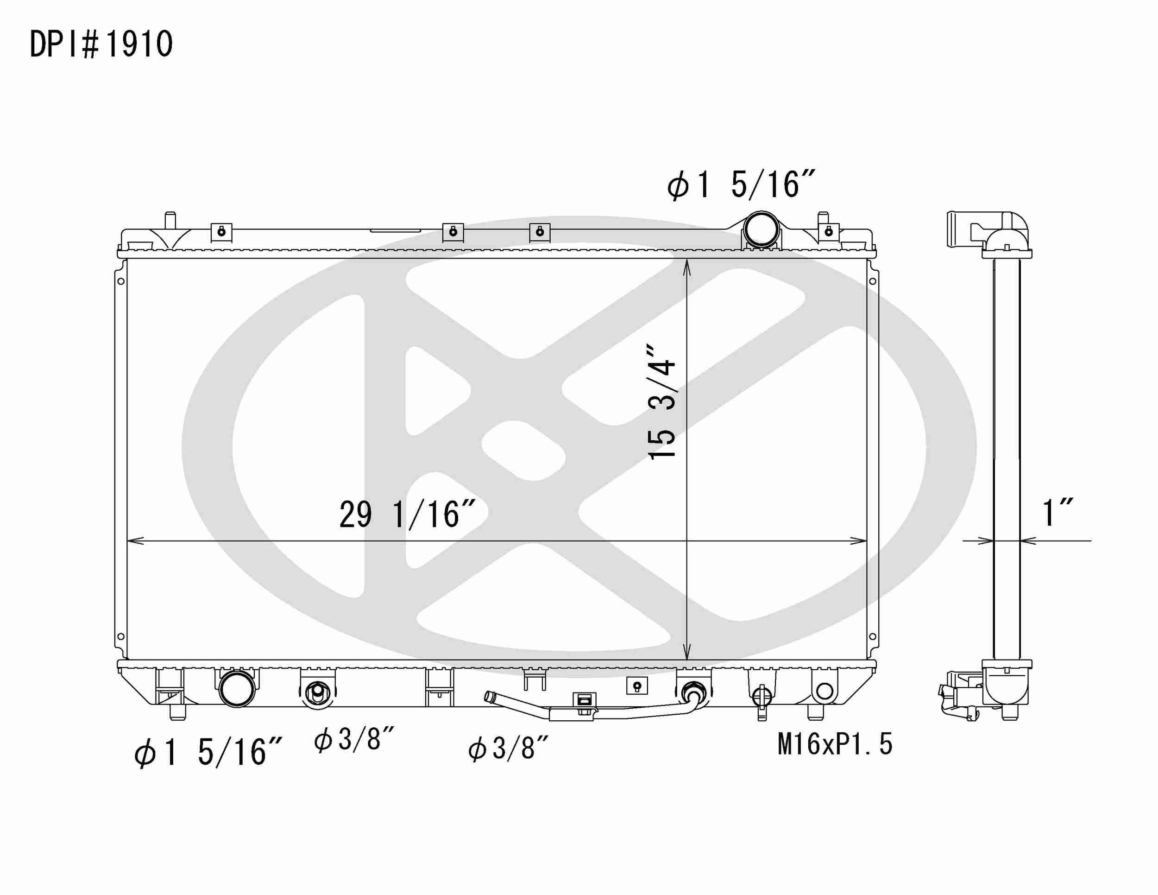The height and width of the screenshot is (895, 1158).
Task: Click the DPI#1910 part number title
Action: pyautogui.click(x=101, y=44)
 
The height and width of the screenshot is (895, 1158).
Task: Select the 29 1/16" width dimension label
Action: pyautogui.click(x=407, y=514)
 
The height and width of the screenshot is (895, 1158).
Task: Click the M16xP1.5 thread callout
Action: pyautogui.click(x=835, y=744)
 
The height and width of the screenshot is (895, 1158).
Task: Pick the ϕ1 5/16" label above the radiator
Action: pyautogui.click(x=741, y=184)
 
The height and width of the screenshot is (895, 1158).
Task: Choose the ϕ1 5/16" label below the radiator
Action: pyautogui.click(x=208, y=752)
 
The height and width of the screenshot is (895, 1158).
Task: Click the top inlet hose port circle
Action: pyautogui.click(x=761, y=229)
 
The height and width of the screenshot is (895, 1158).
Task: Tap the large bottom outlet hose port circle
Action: pyautogui.click(x=237, y=689)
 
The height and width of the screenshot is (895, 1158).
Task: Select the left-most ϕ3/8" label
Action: pyautogui.click(x=354, y=739)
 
